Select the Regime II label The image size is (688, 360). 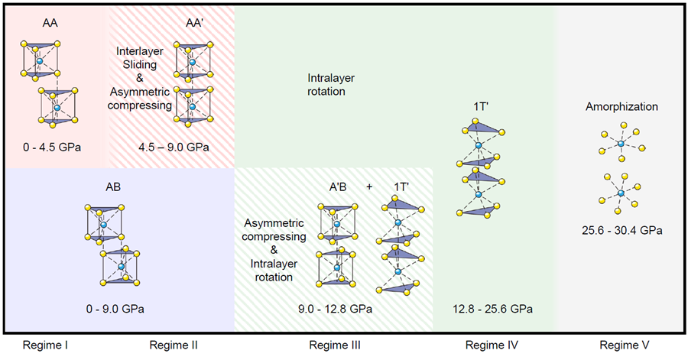(x=174, y=345)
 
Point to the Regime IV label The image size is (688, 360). (x=492, y=345)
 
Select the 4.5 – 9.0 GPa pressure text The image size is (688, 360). (x=174, y=146)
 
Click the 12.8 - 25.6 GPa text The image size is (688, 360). (x=492, y=309)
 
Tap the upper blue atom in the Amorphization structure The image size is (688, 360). (x=621, y=143)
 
